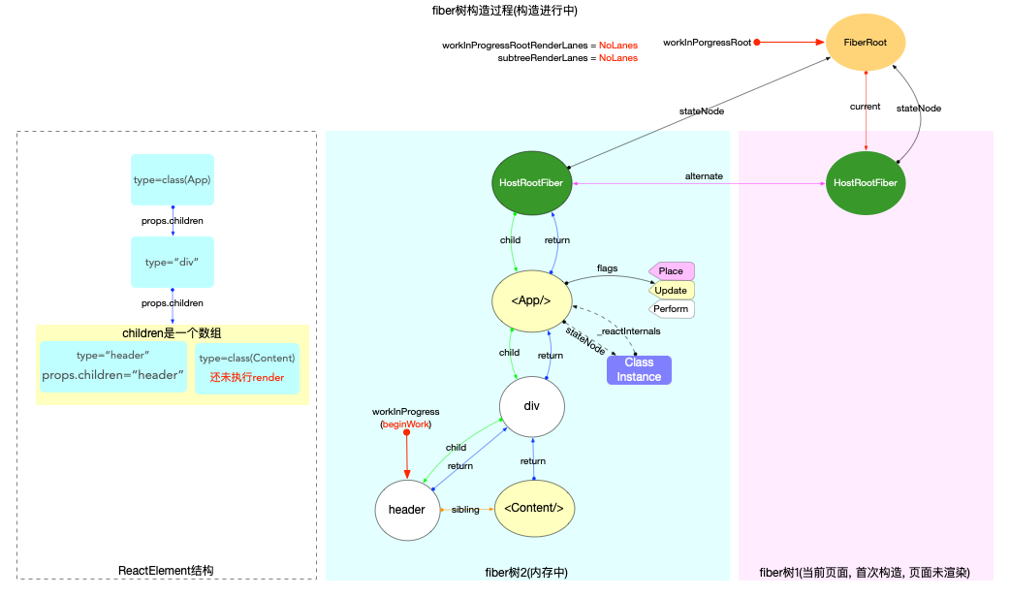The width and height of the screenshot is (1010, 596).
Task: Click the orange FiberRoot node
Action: point(865,43)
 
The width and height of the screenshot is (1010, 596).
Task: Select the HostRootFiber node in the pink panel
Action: point(865,182)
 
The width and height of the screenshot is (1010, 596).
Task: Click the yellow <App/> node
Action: point(531,300)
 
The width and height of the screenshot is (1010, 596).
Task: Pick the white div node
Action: point(531,406)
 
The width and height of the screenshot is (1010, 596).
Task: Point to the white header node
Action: point(407,509)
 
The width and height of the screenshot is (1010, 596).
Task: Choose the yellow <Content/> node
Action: point(533,509)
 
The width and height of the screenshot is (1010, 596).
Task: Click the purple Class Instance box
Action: point(639,369)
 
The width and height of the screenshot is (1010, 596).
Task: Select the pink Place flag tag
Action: point(672,271)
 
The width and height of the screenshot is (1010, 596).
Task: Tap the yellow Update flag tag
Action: point(672,290)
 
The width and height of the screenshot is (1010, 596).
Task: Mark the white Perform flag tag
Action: point(672,309)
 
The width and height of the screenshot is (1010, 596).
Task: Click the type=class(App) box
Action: point(173,179)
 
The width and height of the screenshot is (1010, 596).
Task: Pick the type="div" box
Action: point(173,263)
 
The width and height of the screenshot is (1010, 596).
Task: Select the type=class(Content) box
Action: point(247,367)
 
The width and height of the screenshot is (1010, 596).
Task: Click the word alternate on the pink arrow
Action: point(703,175)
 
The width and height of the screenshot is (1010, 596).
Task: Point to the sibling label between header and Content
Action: point(466,510)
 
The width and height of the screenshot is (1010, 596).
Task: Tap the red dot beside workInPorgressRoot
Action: point(757,43)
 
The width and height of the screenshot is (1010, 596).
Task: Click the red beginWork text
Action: point(406,424)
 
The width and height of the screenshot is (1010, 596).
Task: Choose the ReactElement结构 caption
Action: point(166,571)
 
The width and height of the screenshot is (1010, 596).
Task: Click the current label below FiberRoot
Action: point(865,107)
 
